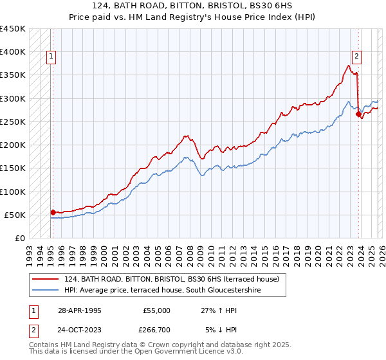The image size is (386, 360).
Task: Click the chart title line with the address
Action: [x=193, y=6]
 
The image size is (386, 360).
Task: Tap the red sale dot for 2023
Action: [x=358, y=114]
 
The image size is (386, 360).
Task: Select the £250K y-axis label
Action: [x=13, y=122]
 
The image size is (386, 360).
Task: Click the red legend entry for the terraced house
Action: [x=171, y=279]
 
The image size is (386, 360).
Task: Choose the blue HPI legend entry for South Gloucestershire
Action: [x=174, y=291]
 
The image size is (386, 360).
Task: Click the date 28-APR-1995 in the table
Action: [x=79, y=310]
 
